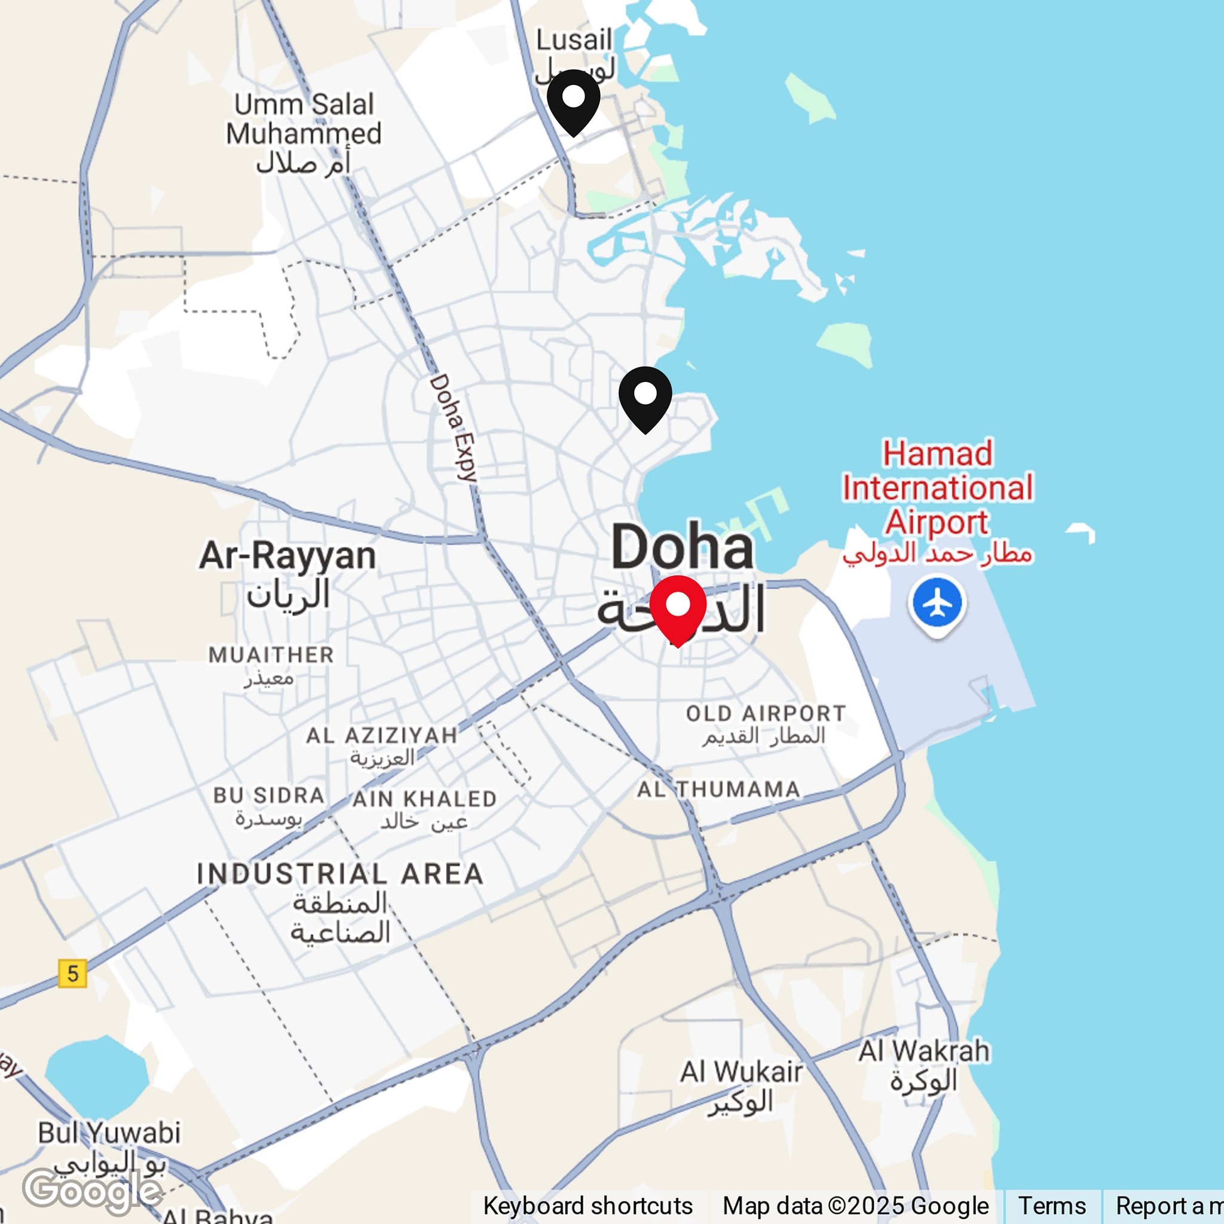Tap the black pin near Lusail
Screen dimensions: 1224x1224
tap(573, 99)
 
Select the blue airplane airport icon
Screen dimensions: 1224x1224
tap(937, 604)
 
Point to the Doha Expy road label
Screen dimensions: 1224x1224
tap(452, 428)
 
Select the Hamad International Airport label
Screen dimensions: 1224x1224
tap(938, 488)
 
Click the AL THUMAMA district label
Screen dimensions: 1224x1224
tap(718, 790)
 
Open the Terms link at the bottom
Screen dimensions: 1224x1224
tap(1052, 1205)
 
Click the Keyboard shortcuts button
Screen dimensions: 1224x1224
tap(587, 1205)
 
